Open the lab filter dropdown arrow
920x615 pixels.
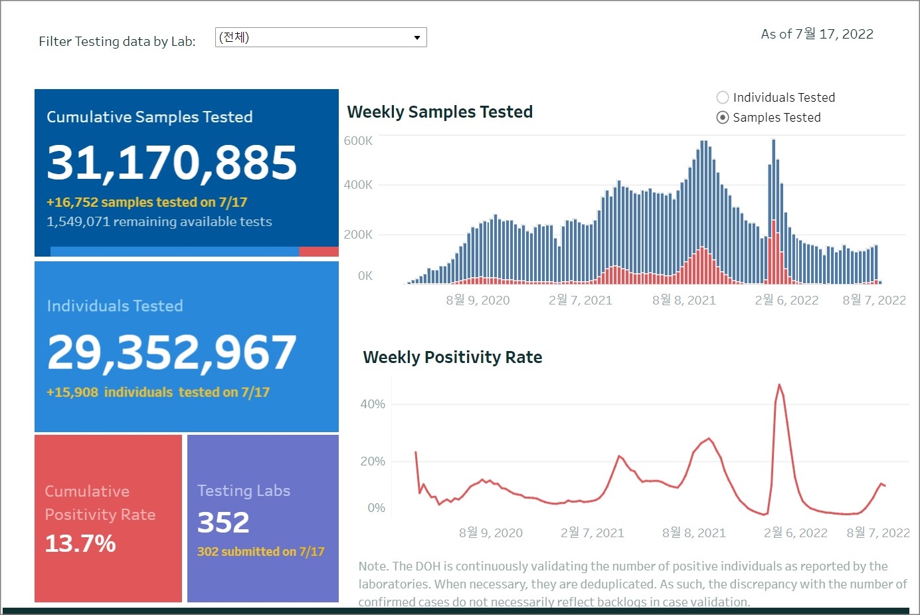(x=416, y=37)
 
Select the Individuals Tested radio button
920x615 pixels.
(x=723, y=98)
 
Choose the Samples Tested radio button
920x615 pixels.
(x=723, y=118)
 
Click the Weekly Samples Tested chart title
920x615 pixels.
(x=440, y=112)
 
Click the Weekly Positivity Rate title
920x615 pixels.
(x=452, y=357)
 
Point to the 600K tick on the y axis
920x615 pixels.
(x=358, y=141)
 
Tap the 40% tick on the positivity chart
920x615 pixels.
(x=373, y=404)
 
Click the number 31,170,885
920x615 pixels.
(x=172, y=163)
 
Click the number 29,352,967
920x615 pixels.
(x=172, y=352)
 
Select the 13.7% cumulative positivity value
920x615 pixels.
(x=80, y=544)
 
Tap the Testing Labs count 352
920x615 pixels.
(x=223, y=523)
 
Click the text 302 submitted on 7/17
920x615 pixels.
(x=261, y=552)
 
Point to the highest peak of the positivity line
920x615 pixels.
(x=779, y=385)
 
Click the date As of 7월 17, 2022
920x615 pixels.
(x=817, y=34)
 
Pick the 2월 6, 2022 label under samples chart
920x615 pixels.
(x=786, y=301)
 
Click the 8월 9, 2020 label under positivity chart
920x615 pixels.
(x=491, y=533)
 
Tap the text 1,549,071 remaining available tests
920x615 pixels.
(x=159, y=221)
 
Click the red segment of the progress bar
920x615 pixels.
(x=319, y=252)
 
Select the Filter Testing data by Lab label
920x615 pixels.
(x=117, y=41)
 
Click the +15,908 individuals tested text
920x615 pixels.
(x=158, y=392)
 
